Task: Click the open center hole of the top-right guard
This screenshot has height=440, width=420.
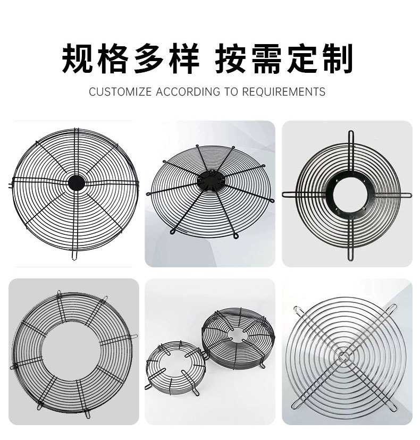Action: pyautogui.click(x=346, y=193)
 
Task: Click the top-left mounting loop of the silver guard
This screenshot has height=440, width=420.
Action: pyautogui.click(x=296, y=308)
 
